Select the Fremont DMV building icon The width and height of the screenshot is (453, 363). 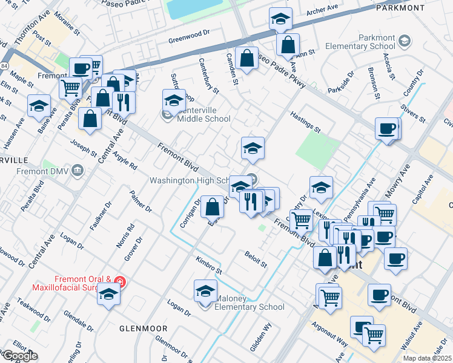click(78, 171)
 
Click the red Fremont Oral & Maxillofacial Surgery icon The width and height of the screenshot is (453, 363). click(120, 282)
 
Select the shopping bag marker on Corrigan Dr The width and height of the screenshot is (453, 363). click(212, 207)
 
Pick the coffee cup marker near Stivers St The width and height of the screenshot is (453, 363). click(386, 128)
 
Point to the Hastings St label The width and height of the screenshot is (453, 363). click(305, 122)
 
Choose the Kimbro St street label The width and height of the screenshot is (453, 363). click(209, 264)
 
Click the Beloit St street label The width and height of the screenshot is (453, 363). click(256, 260)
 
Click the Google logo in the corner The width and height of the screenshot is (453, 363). click(19, 356)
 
